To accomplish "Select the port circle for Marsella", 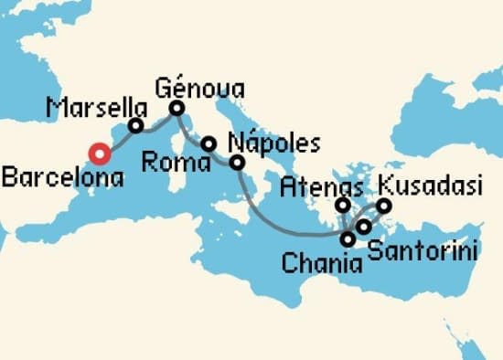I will [136, 126].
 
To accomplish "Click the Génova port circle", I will [177, 108].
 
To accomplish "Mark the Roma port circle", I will [209, 144].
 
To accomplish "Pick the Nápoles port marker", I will [238, 164].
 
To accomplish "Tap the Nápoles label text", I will [273, 144].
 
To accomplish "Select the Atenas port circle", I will [342, 205].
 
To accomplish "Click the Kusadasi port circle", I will [384, 205].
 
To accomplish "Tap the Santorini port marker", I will [363, 226].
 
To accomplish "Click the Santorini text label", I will [422, 247].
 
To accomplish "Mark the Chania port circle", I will [348, 239].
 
